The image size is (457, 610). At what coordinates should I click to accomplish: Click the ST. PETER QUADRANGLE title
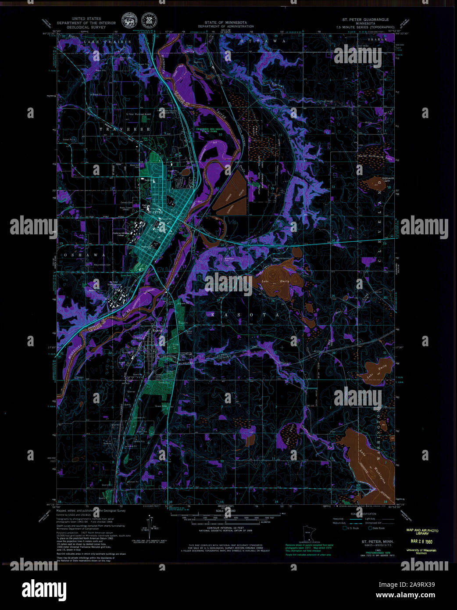365,20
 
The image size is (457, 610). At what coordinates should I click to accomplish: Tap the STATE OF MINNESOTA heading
225,22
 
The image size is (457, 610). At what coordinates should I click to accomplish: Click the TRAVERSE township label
125,129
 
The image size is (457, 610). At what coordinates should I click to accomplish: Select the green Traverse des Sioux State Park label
209,130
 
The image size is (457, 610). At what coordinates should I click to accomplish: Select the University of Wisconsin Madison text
421,552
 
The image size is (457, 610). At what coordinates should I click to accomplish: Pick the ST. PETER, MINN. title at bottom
378,542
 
